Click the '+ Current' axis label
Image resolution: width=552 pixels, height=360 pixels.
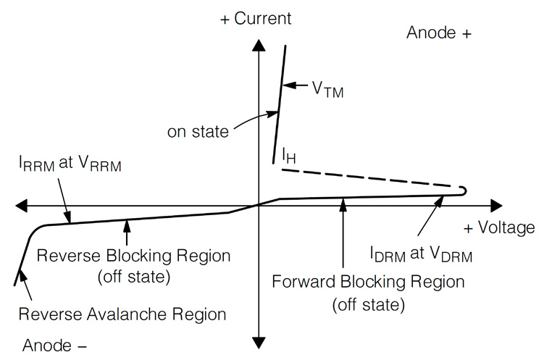pos(255,17)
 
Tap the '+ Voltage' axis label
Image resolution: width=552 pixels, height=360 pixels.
pos(499,227)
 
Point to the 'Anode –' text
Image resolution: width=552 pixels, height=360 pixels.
pos(55,344)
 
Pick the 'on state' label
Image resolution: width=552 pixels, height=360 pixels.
pos(198,132)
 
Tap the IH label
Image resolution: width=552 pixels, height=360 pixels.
pos(290,155)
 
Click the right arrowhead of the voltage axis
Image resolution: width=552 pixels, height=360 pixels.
pos(495,206)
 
